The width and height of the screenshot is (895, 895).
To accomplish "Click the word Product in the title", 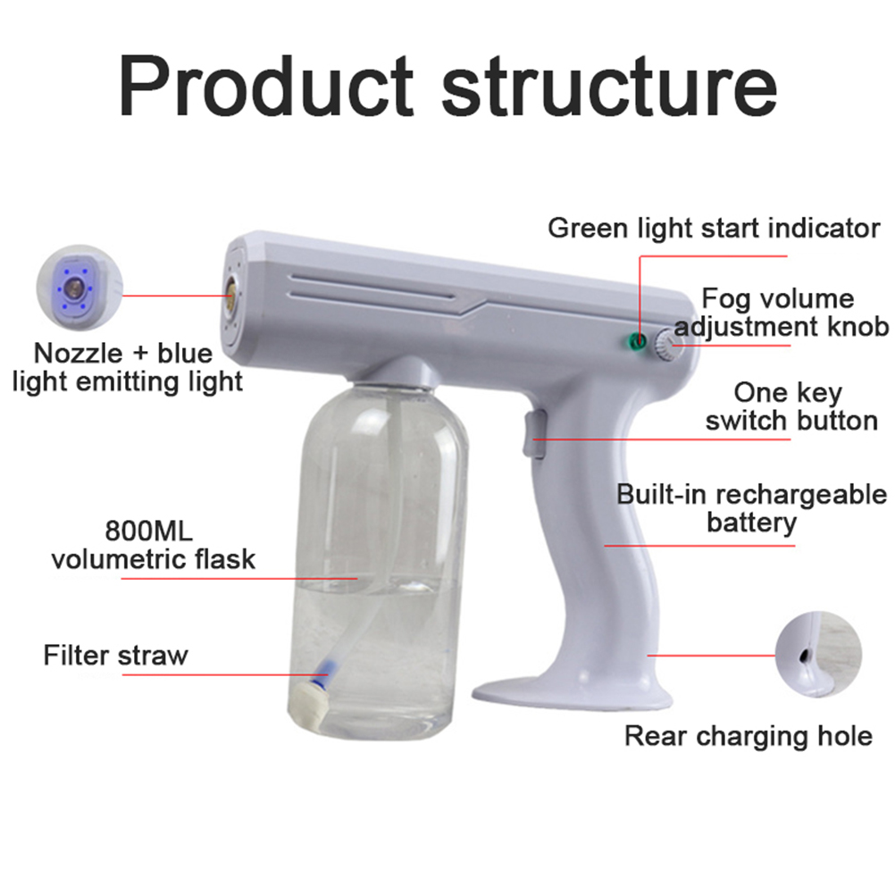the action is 265,86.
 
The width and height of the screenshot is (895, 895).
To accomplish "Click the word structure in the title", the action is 609,88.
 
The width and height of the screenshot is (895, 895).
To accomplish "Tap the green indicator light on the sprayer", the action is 637,341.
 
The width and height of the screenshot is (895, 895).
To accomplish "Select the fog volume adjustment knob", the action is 668,346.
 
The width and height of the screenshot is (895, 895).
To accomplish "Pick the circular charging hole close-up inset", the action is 818,654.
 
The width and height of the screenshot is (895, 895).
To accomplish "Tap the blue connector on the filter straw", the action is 323,671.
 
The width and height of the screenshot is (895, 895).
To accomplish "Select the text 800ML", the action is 149,531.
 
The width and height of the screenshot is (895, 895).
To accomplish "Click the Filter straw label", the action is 116,656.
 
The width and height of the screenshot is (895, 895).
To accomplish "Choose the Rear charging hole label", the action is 749,736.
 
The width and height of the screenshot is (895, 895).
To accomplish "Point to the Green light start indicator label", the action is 714,229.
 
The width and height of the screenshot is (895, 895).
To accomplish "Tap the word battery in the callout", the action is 751,523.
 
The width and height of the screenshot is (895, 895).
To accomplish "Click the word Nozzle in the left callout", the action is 79,354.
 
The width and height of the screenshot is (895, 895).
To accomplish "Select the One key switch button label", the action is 791,406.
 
